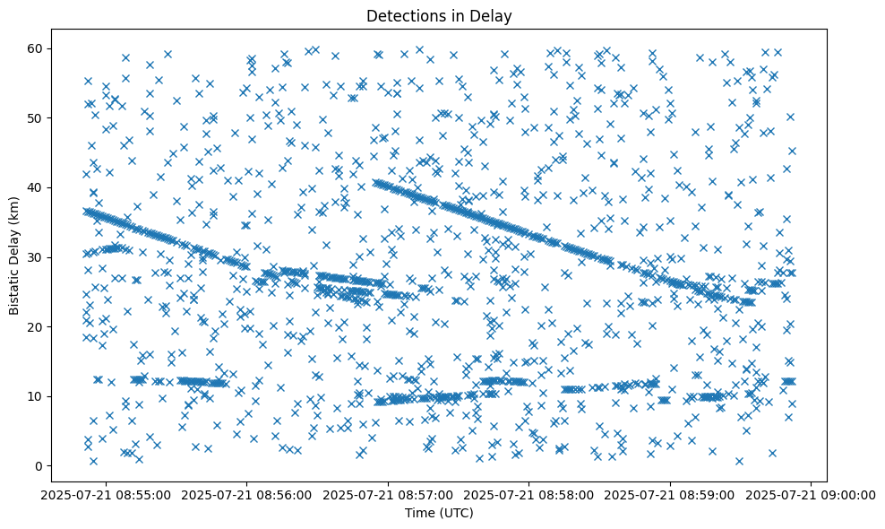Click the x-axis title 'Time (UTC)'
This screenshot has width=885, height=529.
pos(439,513)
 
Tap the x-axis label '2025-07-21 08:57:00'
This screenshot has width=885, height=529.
pos(390,494)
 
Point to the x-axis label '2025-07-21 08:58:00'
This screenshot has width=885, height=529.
pos(530,494)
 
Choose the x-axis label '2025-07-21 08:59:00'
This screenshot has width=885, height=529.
pos(671,494)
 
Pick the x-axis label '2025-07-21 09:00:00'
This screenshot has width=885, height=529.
pos(812,494)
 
